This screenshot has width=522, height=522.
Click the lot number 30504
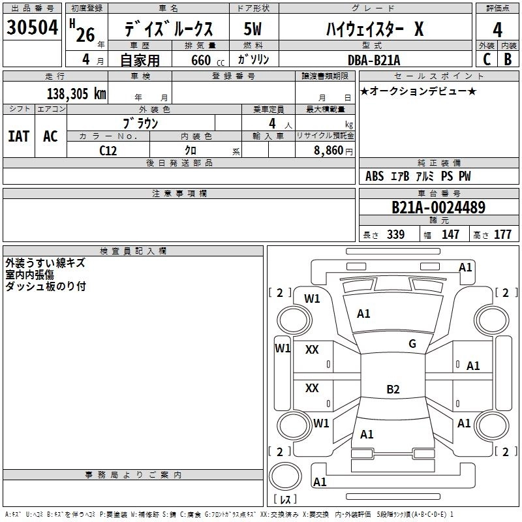click(x=33, y=28)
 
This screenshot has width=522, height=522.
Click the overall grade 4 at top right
click(x=498, y=29)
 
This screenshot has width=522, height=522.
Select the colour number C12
click(x=108, y=149)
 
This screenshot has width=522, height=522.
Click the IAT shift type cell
click(x=19, y=136)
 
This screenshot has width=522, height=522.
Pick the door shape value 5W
click(x=253, y=29)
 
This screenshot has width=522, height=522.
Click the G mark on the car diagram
click(x=412, y=344)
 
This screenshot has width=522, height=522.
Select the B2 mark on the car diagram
click(x=393, y=390)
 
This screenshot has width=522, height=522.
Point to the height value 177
click(x=502, y=235)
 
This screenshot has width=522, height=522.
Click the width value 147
click(x=451, y=235)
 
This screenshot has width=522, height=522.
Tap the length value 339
click(x=395, y=235)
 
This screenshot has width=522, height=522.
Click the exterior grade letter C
click(x=486, y=59)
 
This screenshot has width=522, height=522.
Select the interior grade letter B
click(x=508, y=59)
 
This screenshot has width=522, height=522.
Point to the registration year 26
click(x=85, y=35)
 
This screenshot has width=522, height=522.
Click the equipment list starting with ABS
click(x=418, y=176)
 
